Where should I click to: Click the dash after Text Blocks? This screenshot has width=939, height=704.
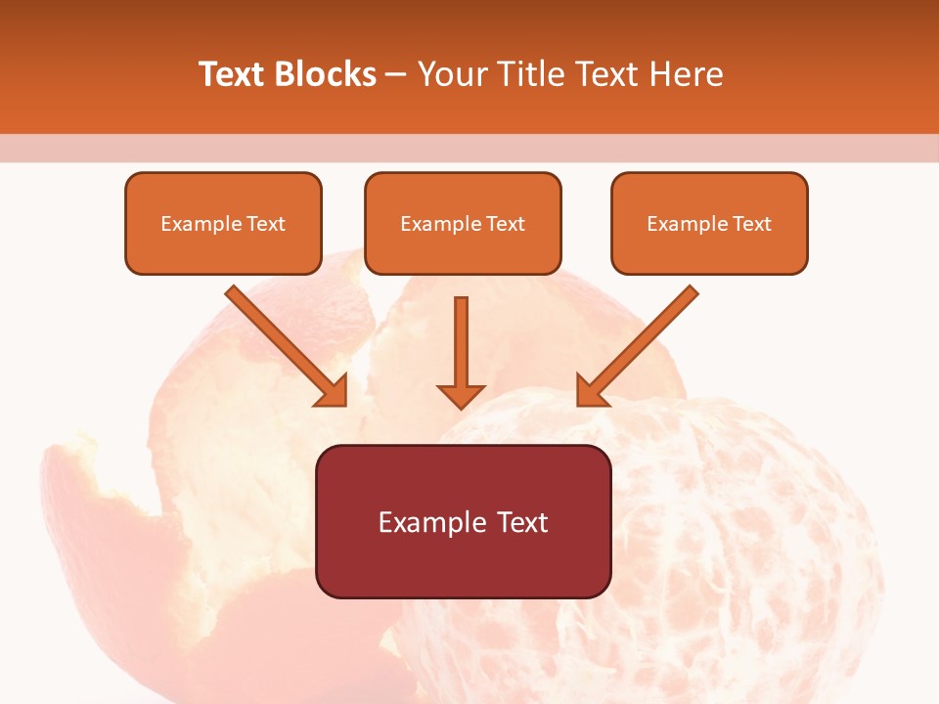[x=396, y=75]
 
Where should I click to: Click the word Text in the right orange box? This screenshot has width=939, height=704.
[x=751, y=224]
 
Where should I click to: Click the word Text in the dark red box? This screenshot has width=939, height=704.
[x=521, y=522]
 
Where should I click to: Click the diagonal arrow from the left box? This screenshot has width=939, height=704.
[x=284, y=344]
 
